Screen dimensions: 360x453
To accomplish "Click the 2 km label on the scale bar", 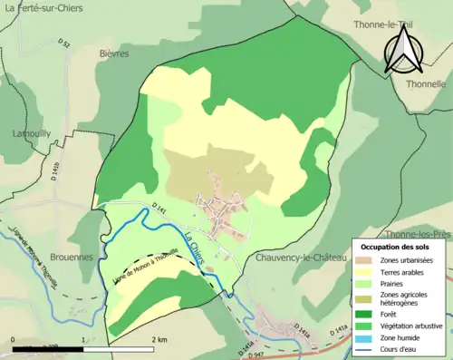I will click(x=159, y=339).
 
